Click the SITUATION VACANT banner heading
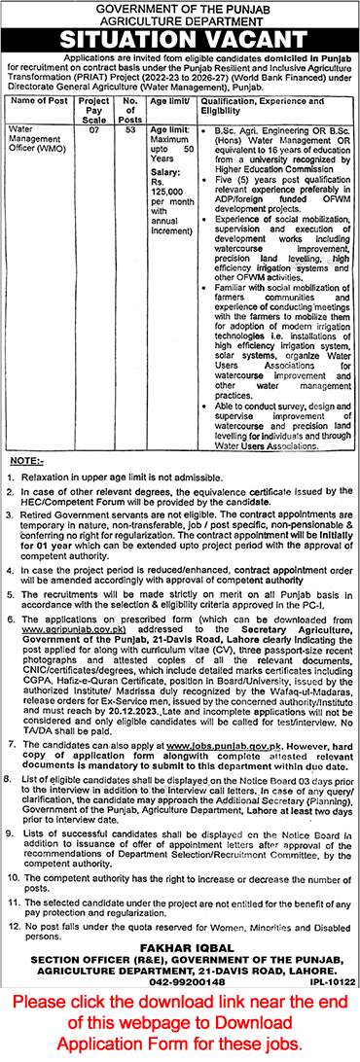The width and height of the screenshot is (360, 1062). pos(180,41)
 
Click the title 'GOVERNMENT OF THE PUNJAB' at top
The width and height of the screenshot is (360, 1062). pos(180,9)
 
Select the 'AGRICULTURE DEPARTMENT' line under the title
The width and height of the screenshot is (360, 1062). pos(180,21)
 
